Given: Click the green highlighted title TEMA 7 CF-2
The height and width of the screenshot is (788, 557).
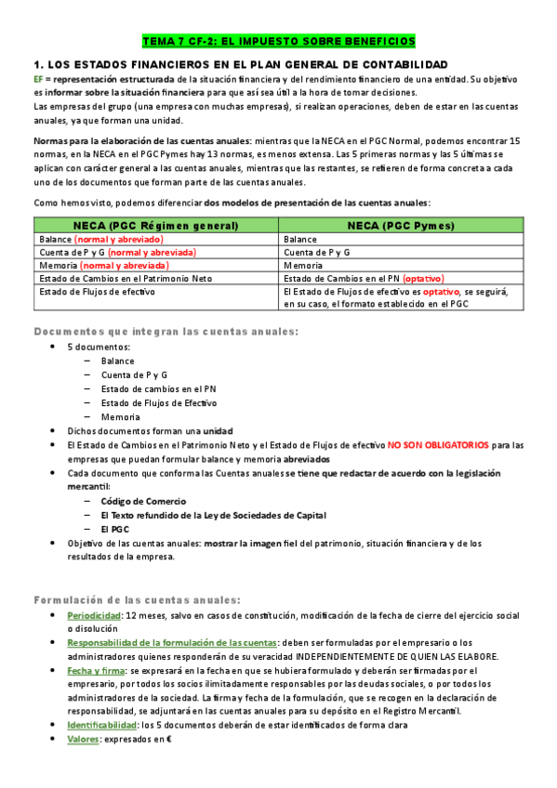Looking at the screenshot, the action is [x=278, y=42].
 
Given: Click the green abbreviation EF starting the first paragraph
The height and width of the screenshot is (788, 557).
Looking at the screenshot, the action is [x=37, y=79].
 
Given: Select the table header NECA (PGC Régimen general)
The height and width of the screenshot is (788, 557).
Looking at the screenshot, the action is [x=155, y=225].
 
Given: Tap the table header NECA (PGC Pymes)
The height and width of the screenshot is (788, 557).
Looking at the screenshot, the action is [x=401, y=225].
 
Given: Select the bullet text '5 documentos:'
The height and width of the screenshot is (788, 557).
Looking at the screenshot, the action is [x=99, y=347].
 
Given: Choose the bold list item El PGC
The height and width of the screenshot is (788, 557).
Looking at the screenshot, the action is [x=115, y=529].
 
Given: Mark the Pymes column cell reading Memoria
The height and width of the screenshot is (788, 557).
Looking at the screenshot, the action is [x=303, y=265].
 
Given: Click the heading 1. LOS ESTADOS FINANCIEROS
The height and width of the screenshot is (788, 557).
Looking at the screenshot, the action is [x=239, y=64].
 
